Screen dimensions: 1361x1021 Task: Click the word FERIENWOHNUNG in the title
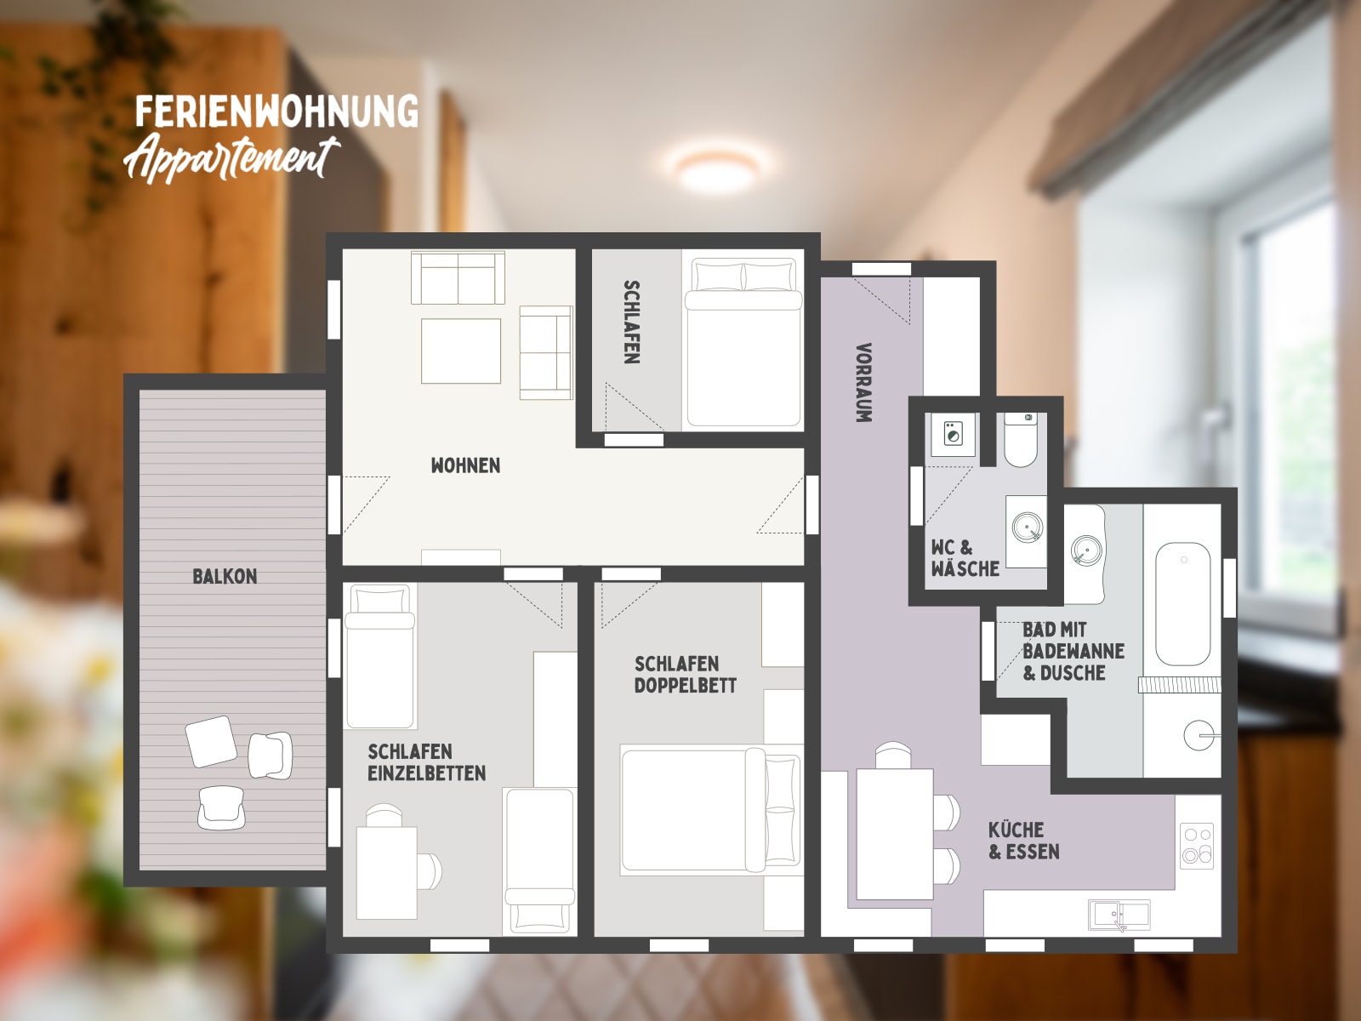tap(276, 111)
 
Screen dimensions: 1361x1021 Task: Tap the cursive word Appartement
tap(231, 159)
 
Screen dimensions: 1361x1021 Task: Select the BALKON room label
tap(225, 577)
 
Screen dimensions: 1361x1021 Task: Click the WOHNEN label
tap(465, 465)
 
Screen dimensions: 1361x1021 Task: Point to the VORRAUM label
tap(863, 383)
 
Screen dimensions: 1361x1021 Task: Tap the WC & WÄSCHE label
tap(965, 558)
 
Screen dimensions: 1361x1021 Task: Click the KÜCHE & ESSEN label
tap(1023, 841)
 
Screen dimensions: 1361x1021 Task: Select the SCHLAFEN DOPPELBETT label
tap(685, 675)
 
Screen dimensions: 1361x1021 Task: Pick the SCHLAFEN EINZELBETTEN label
tap(427, 762)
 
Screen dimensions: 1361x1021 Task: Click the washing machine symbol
tap(952, 434)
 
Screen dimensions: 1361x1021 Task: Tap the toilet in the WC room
tap(1021, 440)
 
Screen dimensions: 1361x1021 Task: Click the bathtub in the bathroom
tap(1183, 604)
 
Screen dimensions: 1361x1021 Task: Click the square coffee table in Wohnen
tap(461, 351)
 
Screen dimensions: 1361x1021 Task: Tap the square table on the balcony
tap(211, 741)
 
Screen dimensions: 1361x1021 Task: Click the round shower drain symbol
tap(1199, 736)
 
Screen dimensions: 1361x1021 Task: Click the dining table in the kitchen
tap(895, 834)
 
